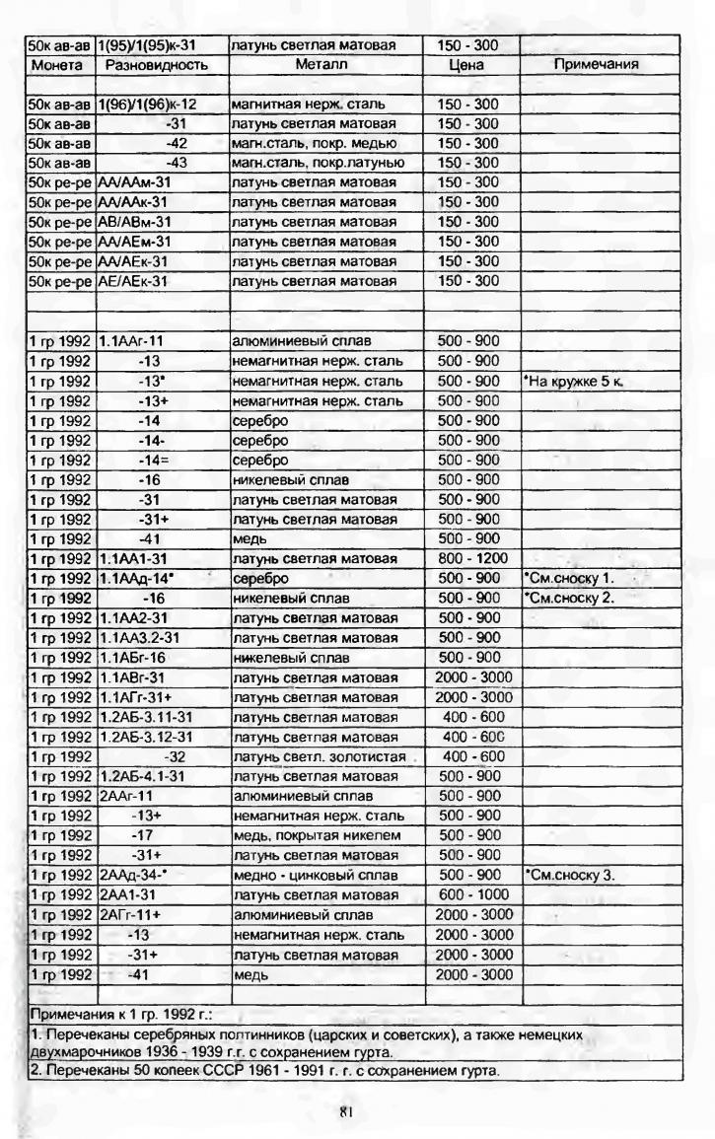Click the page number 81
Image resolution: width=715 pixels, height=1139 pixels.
pyautogui.click(x=346, y=1110)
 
